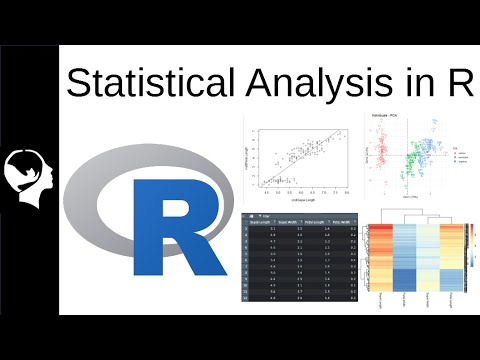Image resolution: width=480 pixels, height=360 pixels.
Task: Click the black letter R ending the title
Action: [x=457, y=82]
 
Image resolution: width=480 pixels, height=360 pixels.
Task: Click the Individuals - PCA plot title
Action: [x=387, y=117]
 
